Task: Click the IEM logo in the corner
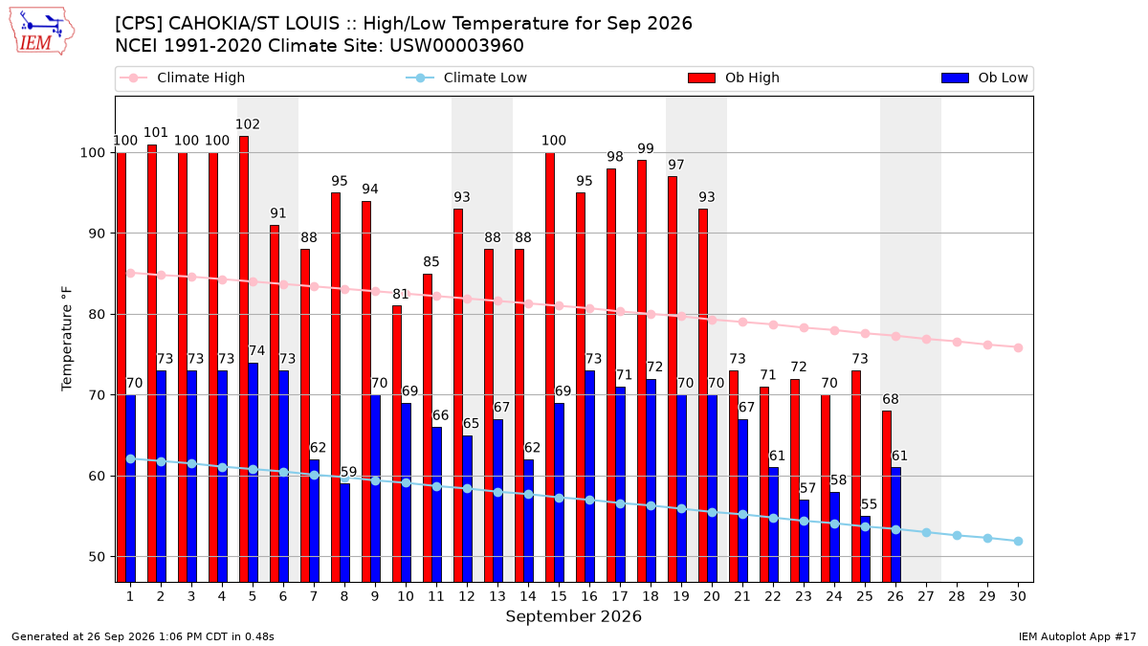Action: [41, 32]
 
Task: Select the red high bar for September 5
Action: [244, 359]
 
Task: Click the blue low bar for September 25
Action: [866, 549]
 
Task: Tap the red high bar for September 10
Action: [397, 444]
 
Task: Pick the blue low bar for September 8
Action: [345, 533]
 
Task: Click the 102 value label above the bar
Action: [248, 124]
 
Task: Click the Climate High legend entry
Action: [182, 78]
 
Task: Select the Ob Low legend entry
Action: [984, 78]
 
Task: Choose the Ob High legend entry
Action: [734, 78]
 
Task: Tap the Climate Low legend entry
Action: [467, 78]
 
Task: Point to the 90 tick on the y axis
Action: [97, 234]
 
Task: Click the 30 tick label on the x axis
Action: [1018, 597]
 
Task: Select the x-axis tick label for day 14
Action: [528, 597]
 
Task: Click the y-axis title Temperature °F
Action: [67, 339]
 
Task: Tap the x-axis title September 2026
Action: [573, 616]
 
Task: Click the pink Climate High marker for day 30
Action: [1018, 348]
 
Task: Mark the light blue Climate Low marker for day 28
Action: [957, 536]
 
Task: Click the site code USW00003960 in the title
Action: [456, 46]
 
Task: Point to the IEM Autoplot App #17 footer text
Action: [1077, 636]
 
